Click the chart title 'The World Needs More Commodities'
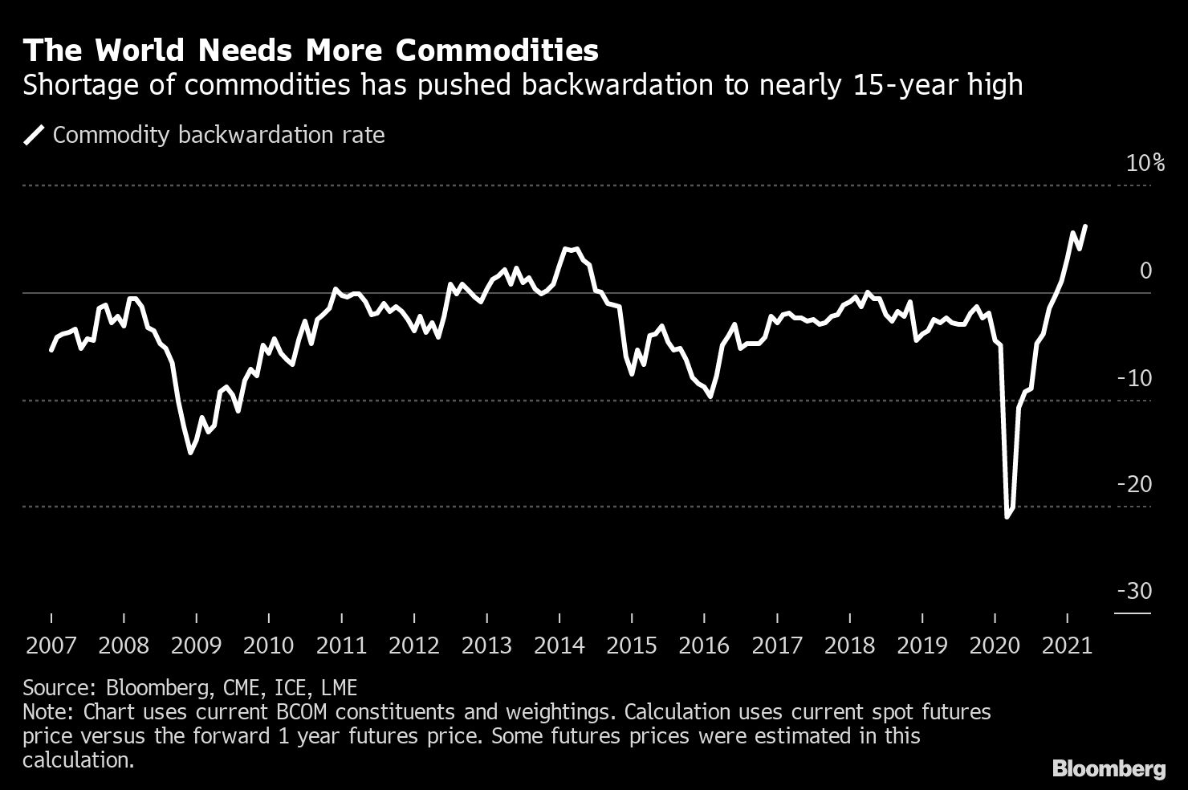coord(311,51)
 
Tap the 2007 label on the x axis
coord(51,645)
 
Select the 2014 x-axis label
coord(559,645)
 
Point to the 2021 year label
coord(1066,645)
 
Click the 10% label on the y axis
coord(1145,164)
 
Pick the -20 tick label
coord(1134,485)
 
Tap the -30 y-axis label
coord(1134,592)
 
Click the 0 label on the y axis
coord(1145,271)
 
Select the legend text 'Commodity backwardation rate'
coord(218,135)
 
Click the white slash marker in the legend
coord(35,135)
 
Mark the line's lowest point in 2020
coord(1007,517)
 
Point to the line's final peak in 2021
coord(1085,226)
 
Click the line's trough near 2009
coord(190,453)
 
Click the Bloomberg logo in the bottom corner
coord(1109,769)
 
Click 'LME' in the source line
coord(340,688)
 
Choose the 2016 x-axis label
coord(704,645)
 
